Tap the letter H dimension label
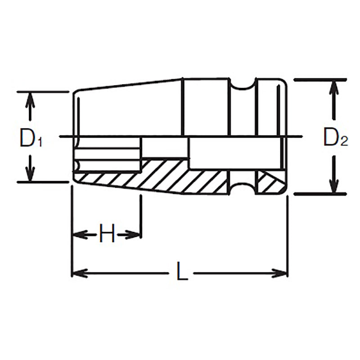[x=107, y=234]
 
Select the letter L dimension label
[x=181, y=273]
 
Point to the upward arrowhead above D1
[x=30, y=99]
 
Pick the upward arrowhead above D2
[x=333, y=87]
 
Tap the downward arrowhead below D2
[x=333, y=187]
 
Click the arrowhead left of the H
[x=79, y=234]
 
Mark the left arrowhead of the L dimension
[x=79, y=273]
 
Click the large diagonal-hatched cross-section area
[x=180, y=175]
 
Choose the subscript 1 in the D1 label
[x=40, y=142]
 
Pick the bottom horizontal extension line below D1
[x=43, y=182]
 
